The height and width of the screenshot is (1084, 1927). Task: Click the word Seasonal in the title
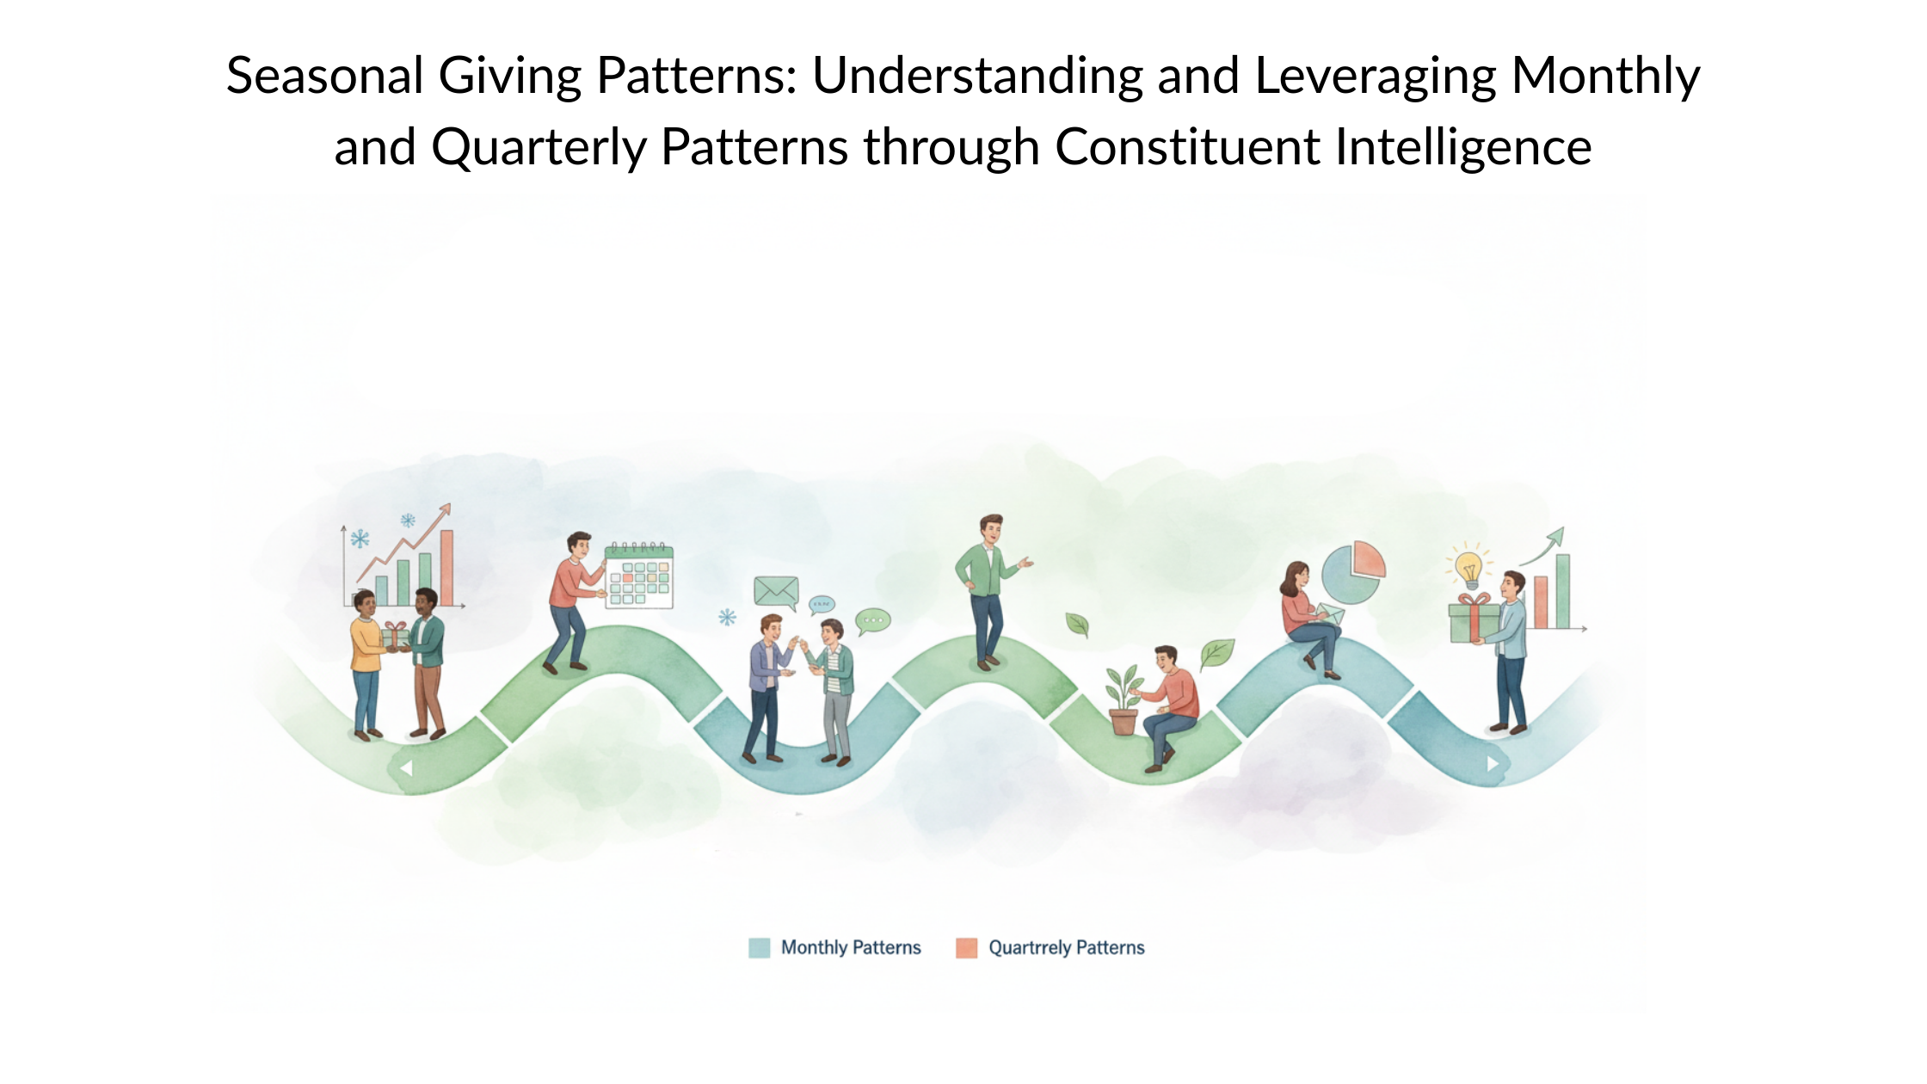click(324, 76)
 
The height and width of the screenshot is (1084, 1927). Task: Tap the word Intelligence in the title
click(1462, 148)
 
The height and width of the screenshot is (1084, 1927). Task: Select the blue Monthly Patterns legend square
click(759, 948)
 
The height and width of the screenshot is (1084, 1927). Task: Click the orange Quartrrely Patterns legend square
click(966, 948)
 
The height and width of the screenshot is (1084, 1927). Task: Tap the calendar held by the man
click(639, 576)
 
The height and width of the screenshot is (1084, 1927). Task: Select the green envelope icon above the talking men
click(776, 591)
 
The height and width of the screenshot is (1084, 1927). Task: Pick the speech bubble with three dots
click(872, 620)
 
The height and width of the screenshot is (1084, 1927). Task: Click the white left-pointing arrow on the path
click(406, 767)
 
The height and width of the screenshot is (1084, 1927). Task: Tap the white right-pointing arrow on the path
click(1493, 763)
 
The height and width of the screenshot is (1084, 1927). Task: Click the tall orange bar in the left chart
click(446, 568)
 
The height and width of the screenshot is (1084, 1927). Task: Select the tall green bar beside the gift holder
click(1562, 592)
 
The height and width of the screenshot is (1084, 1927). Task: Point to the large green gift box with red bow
click(1474, 619)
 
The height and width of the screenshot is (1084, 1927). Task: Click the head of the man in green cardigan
click(991, 527)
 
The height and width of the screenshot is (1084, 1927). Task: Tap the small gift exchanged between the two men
click(395, 635)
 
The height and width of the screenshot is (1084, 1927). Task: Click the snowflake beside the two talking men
click(728, 617)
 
